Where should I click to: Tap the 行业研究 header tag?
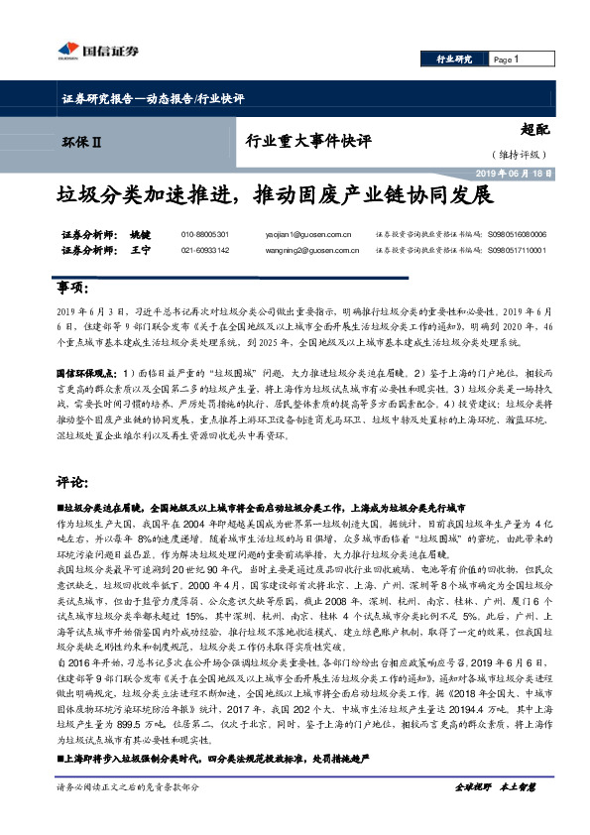455,60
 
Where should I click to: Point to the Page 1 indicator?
507,60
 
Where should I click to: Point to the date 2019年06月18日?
516,173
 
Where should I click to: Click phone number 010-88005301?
205,235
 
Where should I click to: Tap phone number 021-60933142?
205,252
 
